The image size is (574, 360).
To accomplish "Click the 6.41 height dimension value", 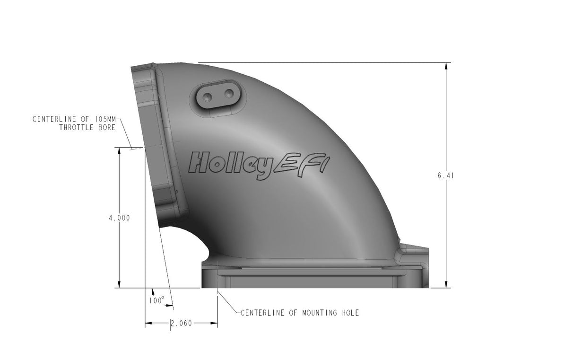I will [446, 176].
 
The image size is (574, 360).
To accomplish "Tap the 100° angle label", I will [156, 300].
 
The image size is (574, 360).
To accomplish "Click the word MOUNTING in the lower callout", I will [319, 313].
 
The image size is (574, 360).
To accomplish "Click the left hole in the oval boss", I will [208, 97].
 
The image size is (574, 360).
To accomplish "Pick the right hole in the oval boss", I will [230, 94].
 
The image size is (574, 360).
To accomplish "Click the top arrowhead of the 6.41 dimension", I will [446, 66].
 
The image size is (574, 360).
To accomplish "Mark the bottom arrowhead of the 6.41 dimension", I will [446, 284].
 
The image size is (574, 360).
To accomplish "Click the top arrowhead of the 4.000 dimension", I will [119, 150].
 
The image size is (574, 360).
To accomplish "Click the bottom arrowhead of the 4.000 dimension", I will [119, 284].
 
